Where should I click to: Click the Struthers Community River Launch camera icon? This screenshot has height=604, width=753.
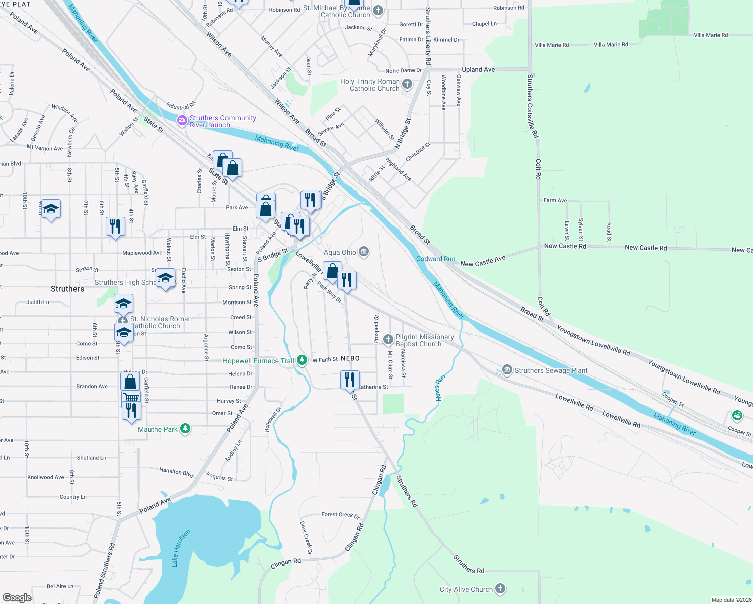(x=182, y=121)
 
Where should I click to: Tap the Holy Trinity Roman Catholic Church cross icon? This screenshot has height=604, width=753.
(x=407, y=84)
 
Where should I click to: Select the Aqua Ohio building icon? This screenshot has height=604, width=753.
(x=364, y=252)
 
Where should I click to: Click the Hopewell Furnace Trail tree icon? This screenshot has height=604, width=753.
(x=302, y=360)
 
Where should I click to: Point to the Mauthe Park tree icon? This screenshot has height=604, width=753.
(x=185, y=429)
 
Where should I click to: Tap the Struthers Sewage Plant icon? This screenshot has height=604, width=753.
(x=507, y=370)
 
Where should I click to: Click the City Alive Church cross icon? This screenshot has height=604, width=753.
(x=500, y=589)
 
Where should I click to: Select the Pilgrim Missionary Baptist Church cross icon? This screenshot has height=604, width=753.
(x=388, y=340)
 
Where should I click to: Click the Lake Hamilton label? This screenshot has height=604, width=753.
(x=181, y=548)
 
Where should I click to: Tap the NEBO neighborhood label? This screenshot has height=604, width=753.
(x=350, y=358)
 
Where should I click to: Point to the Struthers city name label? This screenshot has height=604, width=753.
(x=67, y=289)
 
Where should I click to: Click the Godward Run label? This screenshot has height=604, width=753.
(x=435, y=259)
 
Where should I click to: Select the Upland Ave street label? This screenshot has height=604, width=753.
(x=478, y=70)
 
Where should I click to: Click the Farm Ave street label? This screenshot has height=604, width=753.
(x=555, y=200)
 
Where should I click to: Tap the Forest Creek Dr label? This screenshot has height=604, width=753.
(x=341, y=515)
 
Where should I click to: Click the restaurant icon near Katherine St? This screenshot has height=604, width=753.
(x=350, y=380)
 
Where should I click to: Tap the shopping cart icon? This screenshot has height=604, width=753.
(x=131, y=397)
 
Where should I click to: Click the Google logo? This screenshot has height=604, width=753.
(x=17, y=597)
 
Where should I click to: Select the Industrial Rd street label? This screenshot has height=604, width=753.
(x=181, y=106)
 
